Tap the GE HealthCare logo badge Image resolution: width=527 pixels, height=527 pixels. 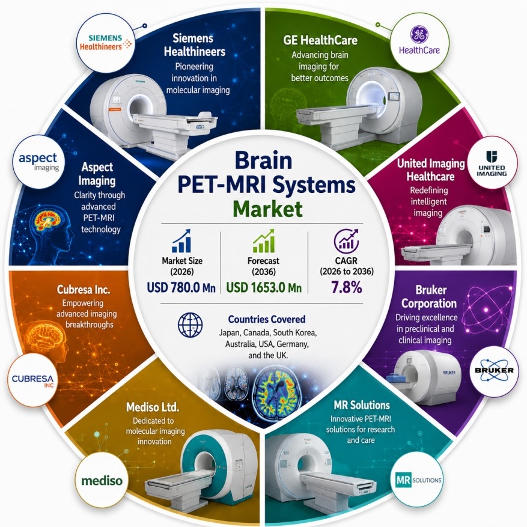coord(419,41)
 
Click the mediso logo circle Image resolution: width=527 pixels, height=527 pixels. coord(102,481)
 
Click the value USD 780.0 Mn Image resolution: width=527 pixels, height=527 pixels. coord(181,288)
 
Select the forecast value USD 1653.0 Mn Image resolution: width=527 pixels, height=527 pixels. coord(264,288)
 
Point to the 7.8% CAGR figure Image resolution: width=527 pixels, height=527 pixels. coord(347,288)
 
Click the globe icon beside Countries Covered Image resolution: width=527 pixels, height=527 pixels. coord(190,325)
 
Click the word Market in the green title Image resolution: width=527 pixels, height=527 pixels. coord(267,209)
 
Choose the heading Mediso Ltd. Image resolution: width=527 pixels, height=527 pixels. coord(153,407)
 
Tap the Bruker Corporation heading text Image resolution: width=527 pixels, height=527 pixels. coord(429,296)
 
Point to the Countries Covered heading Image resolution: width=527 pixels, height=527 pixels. coord(267,319)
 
